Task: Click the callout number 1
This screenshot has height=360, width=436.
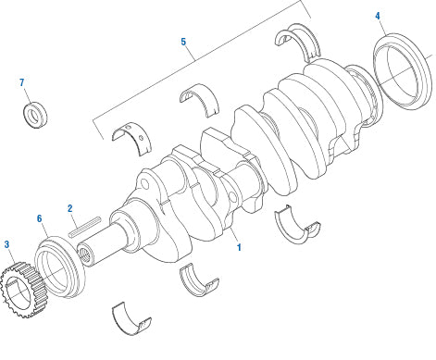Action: point(238,248)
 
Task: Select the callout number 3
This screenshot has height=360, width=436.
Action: point(7,245)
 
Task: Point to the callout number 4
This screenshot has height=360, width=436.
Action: point(378,17)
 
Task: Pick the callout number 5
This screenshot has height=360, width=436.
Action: point(183,43)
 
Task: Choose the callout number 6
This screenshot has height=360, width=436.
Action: point(40,219)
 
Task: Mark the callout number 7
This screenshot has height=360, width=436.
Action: point(22,83)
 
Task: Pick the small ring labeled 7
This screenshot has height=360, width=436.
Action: point(36,117)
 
